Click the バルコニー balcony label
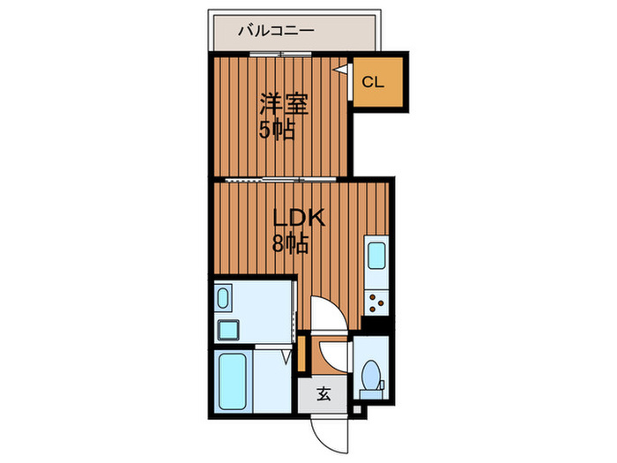coord(276,32)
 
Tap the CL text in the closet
coord(373,83)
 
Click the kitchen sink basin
coord(375,256)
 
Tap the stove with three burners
coord(378,303)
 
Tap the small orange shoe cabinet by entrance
coord(301,354)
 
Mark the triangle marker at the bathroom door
coord(286,357)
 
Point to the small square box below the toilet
coord(357,410)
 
